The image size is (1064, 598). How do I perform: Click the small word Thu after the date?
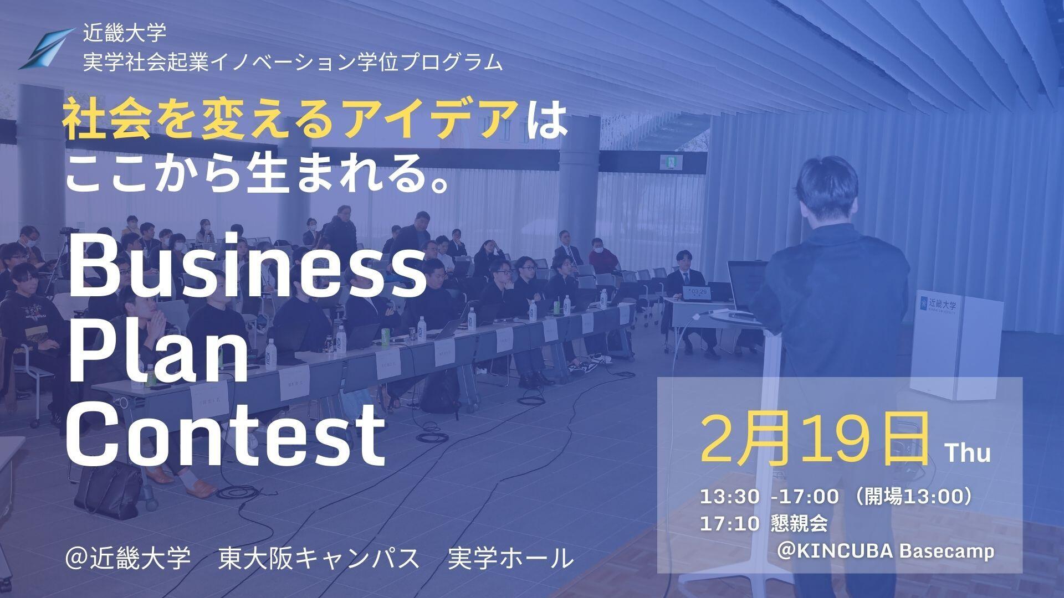click(x=968, y=453)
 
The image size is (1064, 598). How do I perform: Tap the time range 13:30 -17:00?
click(x=769, y=497)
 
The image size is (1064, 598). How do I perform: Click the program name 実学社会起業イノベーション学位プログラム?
click(x=293, y=63)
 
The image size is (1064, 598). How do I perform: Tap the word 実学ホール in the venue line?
click(x=510, y=558)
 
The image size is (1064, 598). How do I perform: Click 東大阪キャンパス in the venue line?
click(x=319, y=558)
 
